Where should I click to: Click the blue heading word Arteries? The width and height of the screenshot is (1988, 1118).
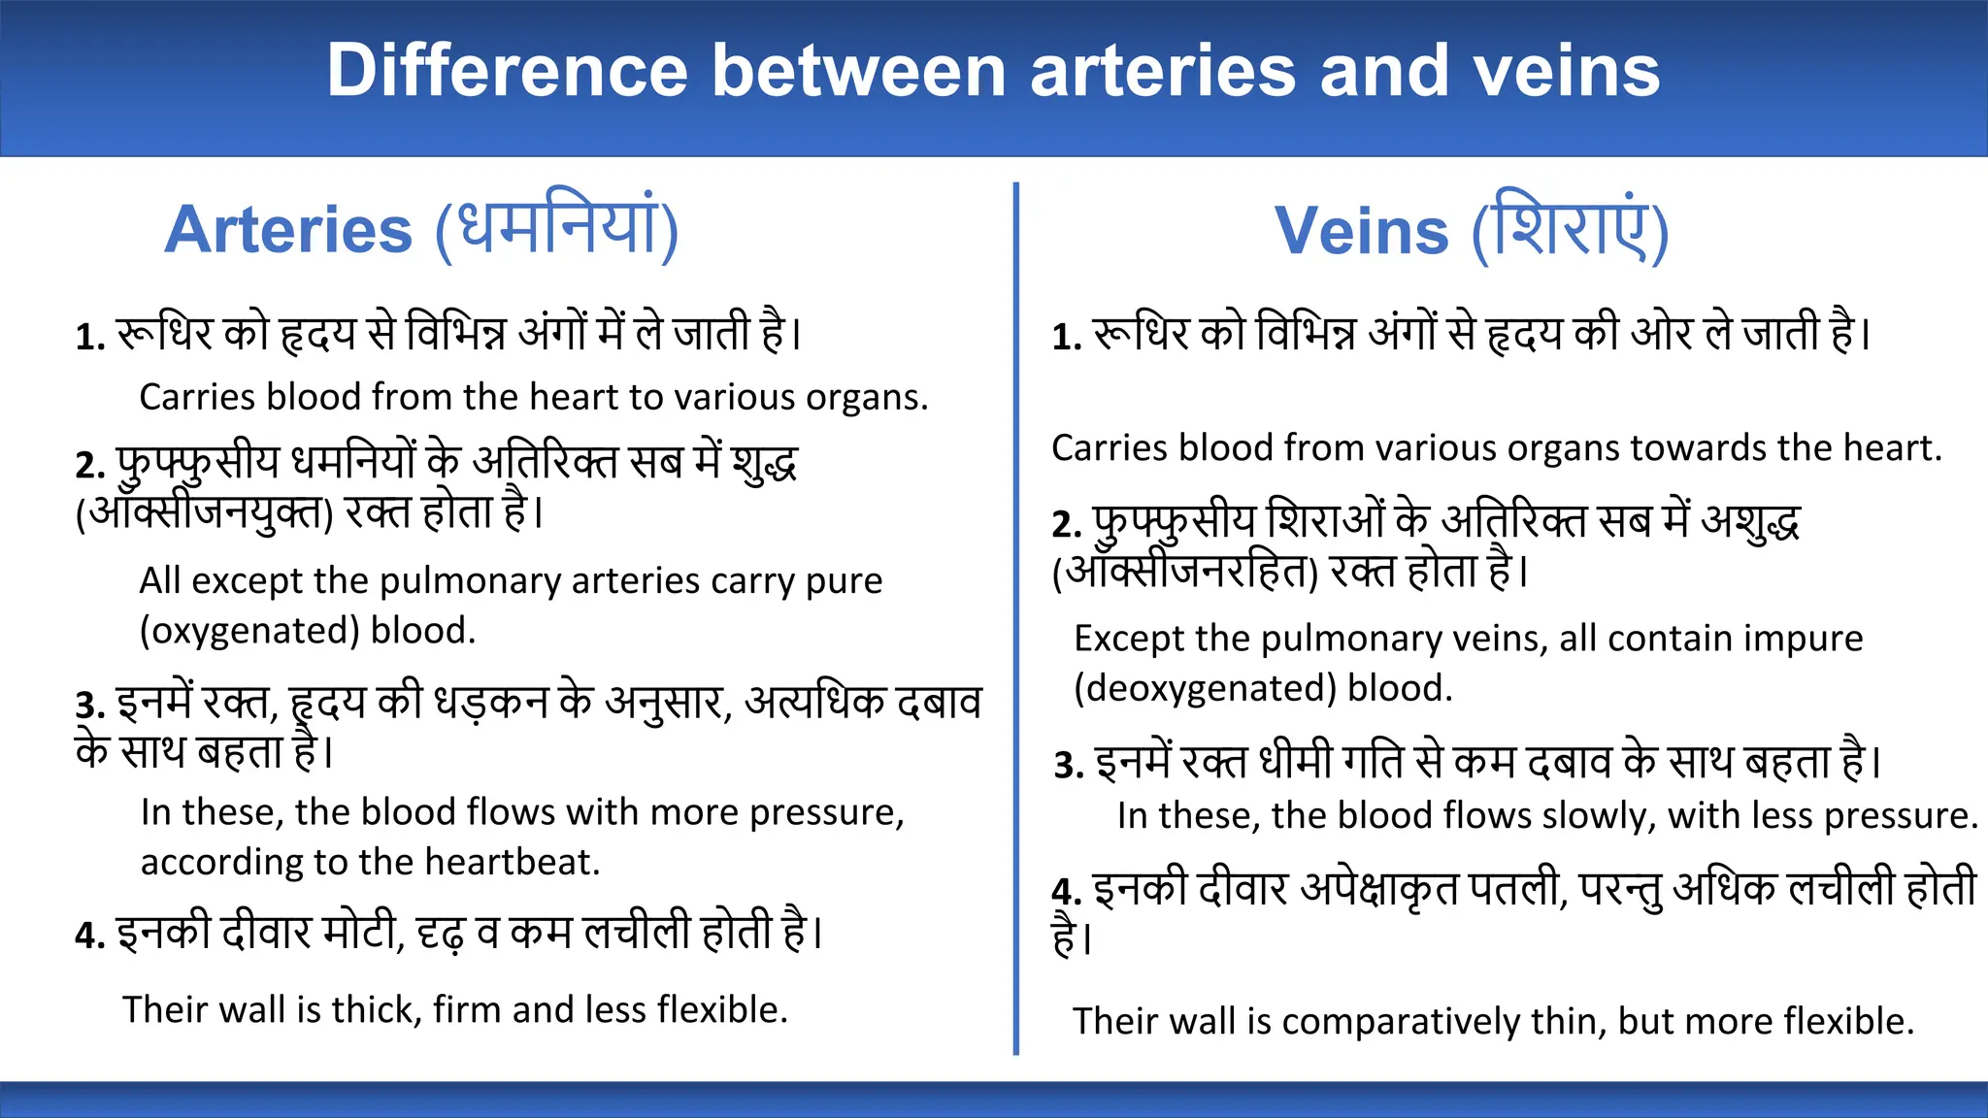pos(288,231)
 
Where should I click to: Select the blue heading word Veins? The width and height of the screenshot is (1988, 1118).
pos(1361,232)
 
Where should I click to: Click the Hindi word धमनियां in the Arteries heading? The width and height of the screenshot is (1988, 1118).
pos(556,229)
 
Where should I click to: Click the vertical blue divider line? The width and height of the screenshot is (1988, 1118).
pos(1015,621)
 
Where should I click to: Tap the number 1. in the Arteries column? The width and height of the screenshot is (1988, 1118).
pos(90,338)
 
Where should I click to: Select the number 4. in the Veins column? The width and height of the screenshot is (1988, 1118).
pos(1066,892)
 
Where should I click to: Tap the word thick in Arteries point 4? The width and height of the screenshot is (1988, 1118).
pos(375,1010)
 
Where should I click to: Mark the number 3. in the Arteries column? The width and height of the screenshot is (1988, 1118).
pos(90,706)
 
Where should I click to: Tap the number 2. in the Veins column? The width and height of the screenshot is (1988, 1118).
pos(1066,525)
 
